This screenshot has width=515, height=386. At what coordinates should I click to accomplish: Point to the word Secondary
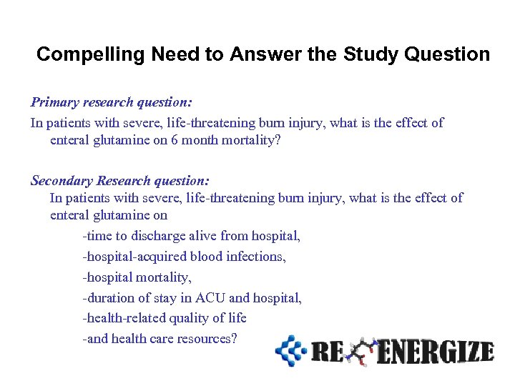pos(60,182)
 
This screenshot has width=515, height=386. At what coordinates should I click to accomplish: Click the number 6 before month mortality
pos(175,140)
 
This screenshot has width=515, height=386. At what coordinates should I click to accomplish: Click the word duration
pos(109,297)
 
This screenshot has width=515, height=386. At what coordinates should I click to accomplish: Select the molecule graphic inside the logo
pos(362,350)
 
